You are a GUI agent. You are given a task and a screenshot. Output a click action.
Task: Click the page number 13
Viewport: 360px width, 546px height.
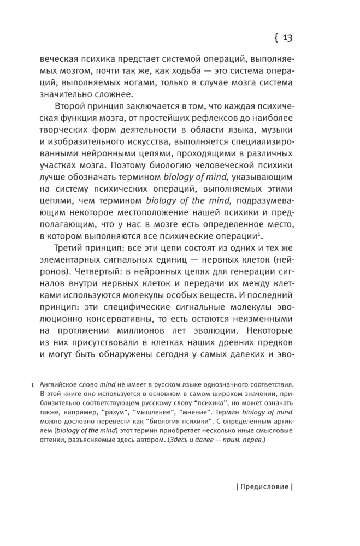pyautogui.click(x=288, y=38)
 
